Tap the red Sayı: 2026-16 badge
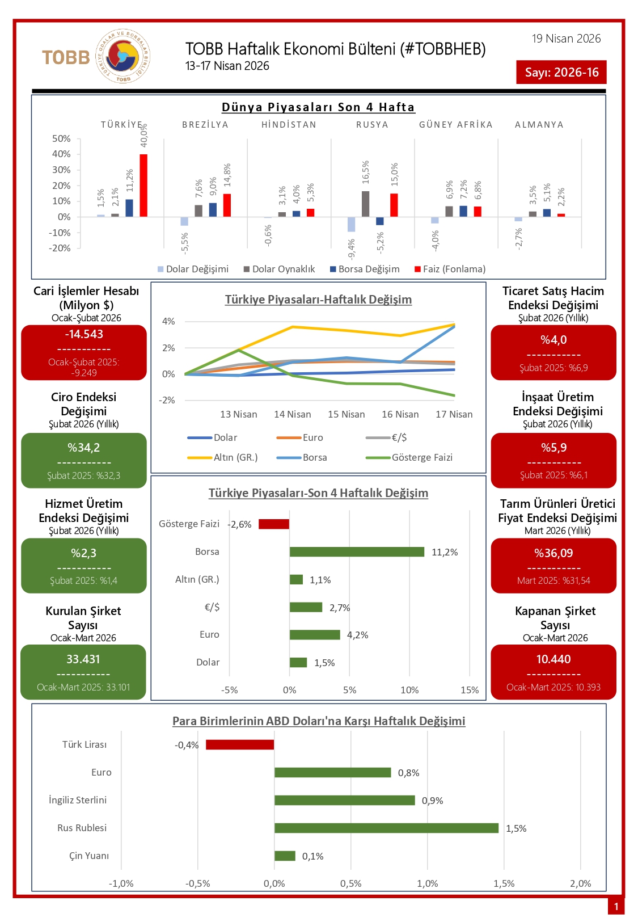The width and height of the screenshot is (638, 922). [x=561, y=72]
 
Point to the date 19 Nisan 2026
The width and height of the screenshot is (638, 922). [x=566, y=39]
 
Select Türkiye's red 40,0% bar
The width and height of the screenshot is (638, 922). [x=143, y=185]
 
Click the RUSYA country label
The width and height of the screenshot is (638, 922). [x=372, y=125]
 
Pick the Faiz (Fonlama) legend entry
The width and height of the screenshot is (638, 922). [x=450, y=269]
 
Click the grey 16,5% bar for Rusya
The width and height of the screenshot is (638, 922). [x=365, y=204]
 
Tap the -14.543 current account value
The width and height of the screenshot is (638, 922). [x=84, y=334]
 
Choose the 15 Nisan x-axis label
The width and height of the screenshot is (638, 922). [x=346, y=414]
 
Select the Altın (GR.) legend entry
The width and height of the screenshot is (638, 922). [x=223, y=457]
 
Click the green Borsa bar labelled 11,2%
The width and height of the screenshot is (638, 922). [x=357, y=552]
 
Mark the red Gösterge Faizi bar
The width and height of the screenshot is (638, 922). [x=274, y=524]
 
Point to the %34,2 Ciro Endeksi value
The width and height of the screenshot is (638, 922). [x=84, y=448]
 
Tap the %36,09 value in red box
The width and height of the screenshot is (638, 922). [x=554, y=553]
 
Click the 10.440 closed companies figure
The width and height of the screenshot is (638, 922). [x=554, y=659]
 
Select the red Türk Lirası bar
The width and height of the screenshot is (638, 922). [x=240, y=744]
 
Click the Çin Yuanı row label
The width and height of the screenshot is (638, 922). [x=89, y=856]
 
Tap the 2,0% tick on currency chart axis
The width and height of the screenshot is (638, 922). [x=580, y=883]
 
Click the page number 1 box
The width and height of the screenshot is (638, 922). [x=616, y=906]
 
